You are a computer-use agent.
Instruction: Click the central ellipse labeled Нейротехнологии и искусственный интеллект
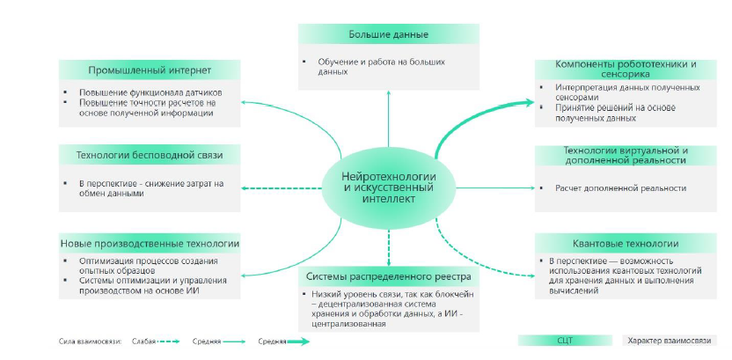coord(388,187)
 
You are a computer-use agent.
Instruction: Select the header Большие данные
coord(388,35)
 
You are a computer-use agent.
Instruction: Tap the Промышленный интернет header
coord(150,70)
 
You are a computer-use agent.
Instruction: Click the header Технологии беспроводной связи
coord(150,156)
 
